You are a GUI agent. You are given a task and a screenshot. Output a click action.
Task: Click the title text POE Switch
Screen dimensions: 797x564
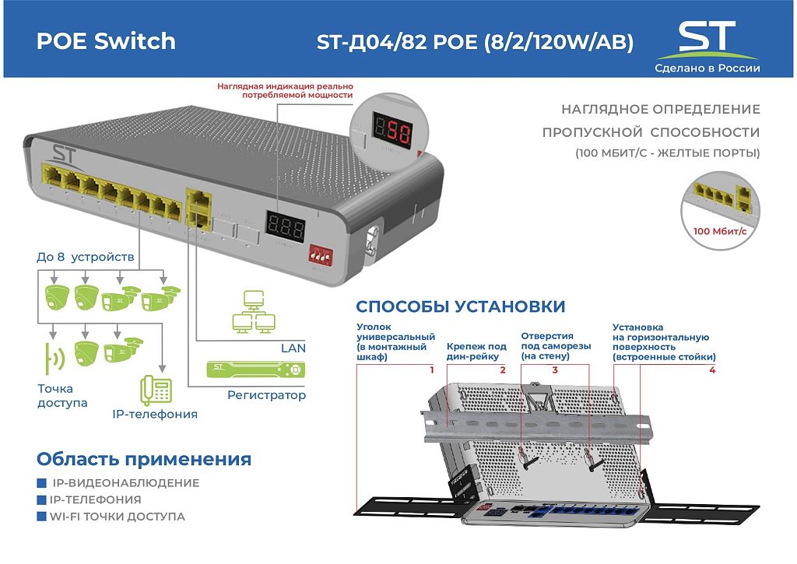pyautogui.click(x=106, y=41)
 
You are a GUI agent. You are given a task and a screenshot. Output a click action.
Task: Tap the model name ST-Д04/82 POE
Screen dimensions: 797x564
pyautogui.click(x=397, y=42)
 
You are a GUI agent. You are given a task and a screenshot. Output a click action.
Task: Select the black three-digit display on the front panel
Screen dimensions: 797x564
pyautogui.click(x=285, y=227)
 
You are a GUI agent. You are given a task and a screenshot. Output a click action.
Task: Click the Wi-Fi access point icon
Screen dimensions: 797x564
pyautogui.click(x=54, y=358)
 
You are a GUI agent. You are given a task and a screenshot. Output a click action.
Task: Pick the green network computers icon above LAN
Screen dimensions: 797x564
pyautogui.click(x=255, y=312)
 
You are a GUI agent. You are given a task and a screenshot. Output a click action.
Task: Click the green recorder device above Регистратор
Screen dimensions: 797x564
pyautogui.click(x=255, y=369)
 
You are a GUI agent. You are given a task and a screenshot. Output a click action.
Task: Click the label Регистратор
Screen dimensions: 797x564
pyautogui.click(x=266, y=395)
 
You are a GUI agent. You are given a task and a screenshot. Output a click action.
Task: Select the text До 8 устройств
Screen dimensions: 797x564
pyautogui.click(x=86, y=257)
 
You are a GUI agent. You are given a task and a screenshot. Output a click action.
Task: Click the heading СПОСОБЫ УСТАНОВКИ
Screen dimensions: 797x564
pyautogui.click(x=461, y=307)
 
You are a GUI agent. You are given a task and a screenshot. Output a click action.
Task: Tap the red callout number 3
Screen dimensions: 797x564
pyautogui.click(x=555, y=370)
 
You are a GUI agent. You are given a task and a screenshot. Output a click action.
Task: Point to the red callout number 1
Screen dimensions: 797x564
pyautogui.click(x=431, y=370)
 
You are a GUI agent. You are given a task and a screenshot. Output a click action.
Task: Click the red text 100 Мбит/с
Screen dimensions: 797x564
pyautogui.click(x=720, y=231)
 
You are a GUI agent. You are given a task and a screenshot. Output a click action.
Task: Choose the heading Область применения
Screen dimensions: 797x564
pyautogui.click(x=144, y=459)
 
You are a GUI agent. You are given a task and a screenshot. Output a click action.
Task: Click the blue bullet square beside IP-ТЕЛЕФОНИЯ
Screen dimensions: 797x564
pyautogui.click(x=42, y=500)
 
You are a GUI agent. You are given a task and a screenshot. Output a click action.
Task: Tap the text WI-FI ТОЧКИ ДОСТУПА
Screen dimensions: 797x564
pyautogui.click(x=117, y=517)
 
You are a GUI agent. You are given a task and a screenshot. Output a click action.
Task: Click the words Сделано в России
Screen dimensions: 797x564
pyautogui.click(x=707, y=68)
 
